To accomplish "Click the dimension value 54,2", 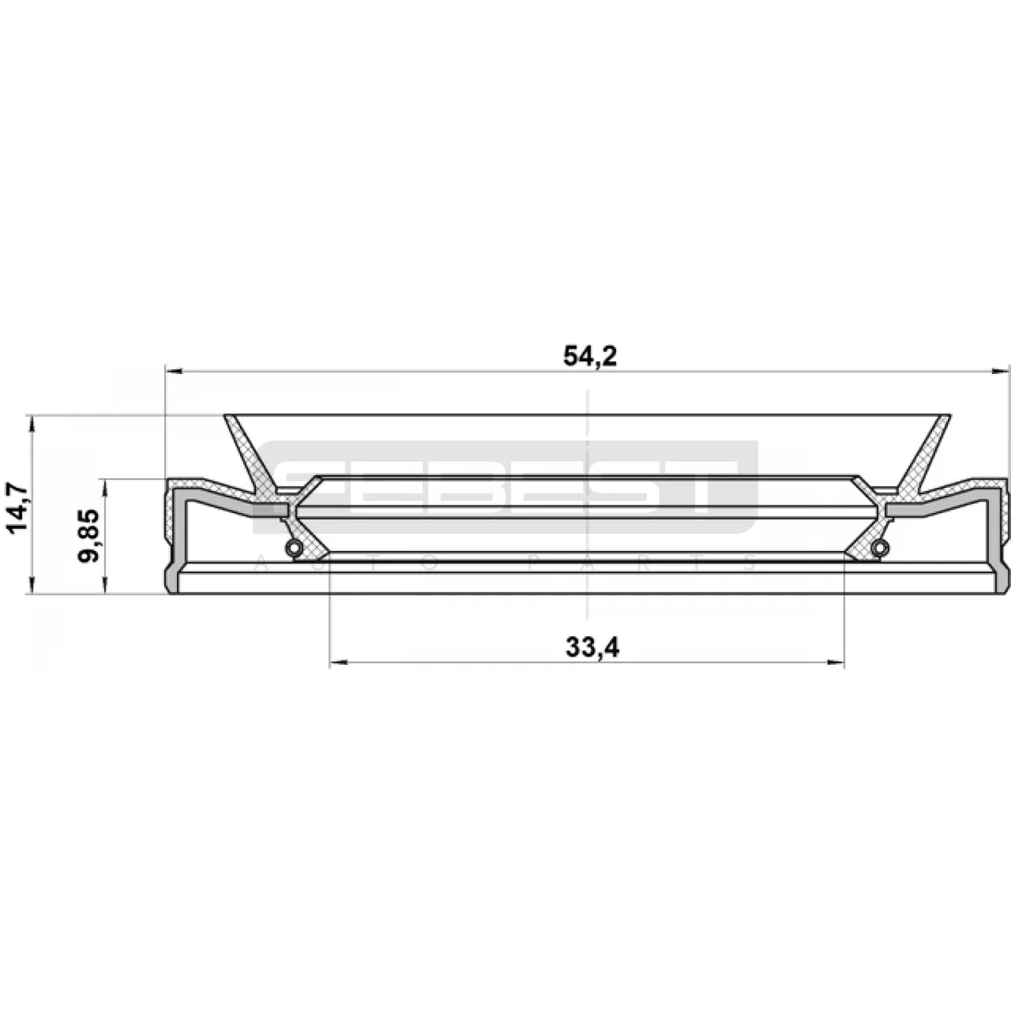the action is coord(591,356).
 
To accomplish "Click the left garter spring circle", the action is coord(293,548).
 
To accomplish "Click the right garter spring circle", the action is coord(880,548).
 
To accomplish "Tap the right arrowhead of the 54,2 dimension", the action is coord(1001,372).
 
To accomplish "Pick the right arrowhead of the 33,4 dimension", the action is coord(836,663).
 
